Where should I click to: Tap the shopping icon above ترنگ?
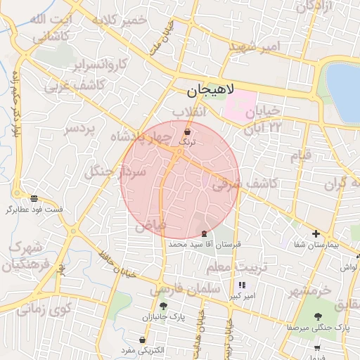click(x=187, y=132)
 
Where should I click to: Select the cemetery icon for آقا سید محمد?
click(x=205, y=233)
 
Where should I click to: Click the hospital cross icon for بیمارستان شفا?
click(x=316, y=234)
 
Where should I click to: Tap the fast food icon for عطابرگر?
click(x=34, y=198)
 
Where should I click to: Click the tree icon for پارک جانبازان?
click(x=163, y=306)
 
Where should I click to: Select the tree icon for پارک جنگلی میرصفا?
click(x=318, y=316)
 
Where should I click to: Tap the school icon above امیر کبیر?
click(x=243, y=285)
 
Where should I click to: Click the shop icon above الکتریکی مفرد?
click(x=142, y=340)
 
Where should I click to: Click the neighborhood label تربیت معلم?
click(x=237, y=268)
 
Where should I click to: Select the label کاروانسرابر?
click(x=101, y=65)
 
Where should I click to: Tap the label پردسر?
click(x=81, y=129)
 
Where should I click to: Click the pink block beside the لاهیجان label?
click(x=240, y=104)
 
